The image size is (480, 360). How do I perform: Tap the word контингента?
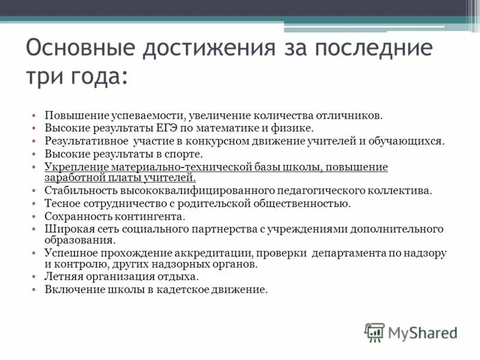pos(154,217)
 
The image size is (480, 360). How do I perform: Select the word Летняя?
pos(62,277)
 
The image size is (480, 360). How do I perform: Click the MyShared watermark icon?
pos(374,332)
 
